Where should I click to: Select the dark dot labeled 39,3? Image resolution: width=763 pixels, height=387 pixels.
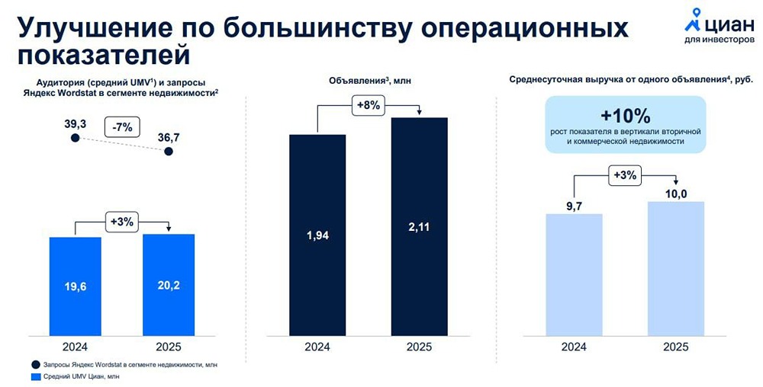(75, 138)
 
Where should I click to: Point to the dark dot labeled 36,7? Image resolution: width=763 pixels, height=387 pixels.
(169, 152)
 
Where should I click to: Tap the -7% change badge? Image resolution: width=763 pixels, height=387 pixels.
(121, 128)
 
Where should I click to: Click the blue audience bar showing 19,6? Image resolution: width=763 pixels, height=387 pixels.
(76, 286)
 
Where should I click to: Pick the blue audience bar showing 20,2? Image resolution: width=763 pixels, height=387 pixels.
(169, 285)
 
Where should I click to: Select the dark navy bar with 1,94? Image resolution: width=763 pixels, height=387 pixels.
(317, 235)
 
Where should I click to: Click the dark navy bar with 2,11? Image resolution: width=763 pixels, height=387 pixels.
(420, 226)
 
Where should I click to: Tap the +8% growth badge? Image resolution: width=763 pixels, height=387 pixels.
(368, 105)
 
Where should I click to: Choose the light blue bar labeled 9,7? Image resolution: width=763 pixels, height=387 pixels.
(575, 274)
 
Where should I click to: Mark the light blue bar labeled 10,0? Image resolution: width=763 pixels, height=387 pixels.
(676, 268)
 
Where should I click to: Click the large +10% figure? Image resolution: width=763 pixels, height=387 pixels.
(626, 116)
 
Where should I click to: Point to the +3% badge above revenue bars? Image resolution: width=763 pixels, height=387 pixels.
(626, 175)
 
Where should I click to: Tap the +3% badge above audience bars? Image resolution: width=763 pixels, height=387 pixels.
(121, 222)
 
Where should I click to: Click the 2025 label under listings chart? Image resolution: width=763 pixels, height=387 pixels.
(420, 347)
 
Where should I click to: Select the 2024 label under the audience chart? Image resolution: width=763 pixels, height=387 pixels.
(76, 347)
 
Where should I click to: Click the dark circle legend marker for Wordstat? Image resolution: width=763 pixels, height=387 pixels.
(35, 364)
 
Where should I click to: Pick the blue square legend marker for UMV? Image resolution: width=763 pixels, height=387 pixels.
(35, 376)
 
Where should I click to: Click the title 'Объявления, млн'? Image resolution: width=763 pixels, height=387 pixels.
(370, 81)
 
